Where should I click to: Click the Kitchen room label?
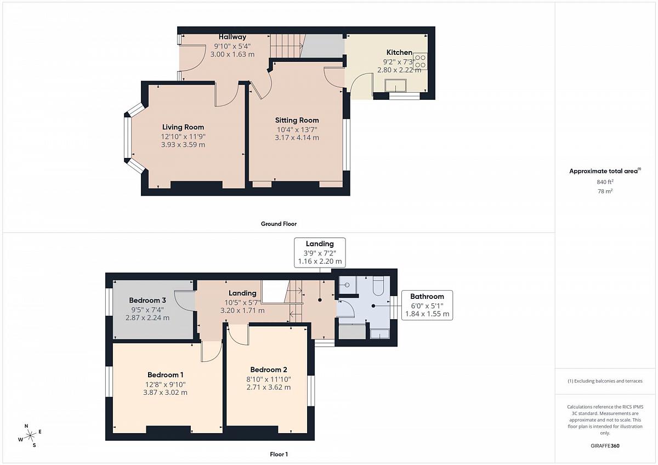pyautogui.click(x=399, y=53)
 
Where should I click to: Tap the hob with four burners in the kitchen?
pyautogui.click(x=420, y=61)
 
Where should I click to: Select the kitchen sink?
pyautogui.click(x=395, y=86)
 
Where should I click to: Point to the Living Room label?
pyautogui.click(x=183, y=127)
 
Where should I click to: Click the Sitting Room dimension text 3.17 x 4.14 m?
pyautogui.click(x=297, y=138)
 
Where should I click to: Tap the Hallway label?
pyautogui.click(x=232, y=37)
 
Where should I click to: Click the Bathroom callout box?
pyautogui.click(x=427, y=305)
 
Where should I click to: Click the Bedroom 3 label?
pyautogui.click(x=148, y=300)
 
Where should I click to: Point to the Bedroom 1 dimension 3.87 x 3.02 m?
pyautogui.click(x=165, y=393)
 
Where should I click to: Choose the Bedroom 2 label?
pyautogui.click(x=269, y=370)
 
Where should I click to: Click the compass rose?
pyautogui.click(x=30, y=435)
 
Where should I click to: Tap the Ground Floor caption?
pyautogui.click(x=279, y=224)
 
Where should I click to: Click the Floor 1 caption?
pyautogui.click(x=279, y=454)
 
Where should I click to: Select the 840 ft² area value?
pyautogui.click(x=605, y=182)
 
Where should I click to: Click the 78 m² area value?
pyautogui.click(x=605, y=191)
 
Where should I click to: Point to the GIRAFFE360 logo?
pyautogui.click(x=605, y=446)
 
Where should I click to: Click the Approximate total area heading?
pyautogui.click(x=605, y=171)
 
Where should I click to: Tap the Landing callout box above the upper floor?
pyautogui.click(x=320, y=253)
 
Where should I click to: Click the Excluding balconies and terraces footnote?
pyautogui.click(x=605, y=381)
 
